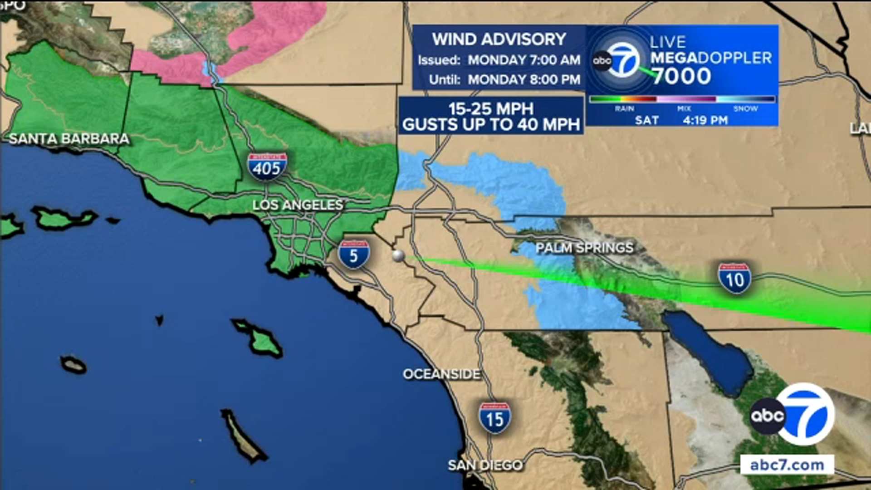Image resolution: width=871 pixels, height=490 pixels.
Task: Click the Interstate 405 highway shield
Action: (267, 167)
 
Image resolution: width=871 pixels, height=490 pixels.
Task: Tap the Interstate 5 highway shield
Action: (354, 254)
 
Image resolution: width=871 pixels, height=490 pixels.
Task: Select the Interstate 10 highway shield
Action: (734, 278)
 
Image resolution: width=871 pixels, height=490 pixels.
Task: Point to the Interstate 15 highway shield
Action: (494, 418)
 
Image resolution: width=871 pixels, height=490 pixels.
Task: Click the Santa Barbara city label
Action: (69, 139)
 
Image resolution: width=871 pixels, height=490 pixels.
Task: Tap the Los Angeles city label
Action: (298, 205)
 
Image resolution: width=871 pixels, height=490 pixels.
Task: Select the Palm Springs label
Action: (584, 248)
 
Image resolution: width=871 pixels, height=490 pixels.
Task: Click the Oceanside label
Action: (441, 374)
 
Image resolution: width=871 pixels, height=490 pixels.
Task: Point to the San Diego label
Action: (485, 465)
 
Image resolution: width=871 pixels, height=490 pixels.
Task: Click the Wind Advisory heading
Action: (499, 39)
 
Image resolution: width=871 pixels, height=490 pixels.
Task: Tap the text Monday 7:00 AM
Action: (524, 60)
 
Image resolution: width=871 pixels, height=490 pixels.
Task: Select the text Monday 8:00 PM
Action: (524, 80)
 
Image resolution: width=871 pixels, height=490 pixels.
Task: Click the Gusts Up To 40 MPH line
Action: (491, 125)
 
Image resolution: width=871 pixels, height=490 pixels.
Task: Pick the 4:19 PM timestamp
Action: (705, 120)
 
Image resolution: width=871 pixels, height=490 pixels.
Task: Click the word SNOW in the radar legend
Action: (745, 109)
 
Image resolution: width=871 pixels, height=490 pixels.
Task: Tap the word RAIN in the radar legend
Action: (624, 109)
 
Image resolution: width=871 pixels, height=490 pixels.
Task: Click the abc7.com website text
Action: (787, 465)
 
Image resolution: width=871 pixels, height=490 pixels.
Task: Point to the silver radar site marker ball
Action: (398, 256)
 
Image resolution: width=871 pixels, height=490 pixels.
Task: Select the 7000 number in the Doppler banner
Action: (681, 76)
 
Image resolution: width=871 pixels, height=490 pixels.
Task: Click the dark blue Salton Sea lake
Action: (708, 349)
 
